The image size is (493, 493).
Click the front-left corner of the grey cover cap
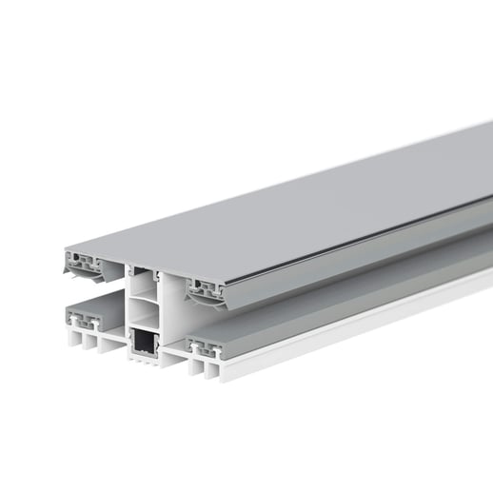[x=66, y=249]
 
